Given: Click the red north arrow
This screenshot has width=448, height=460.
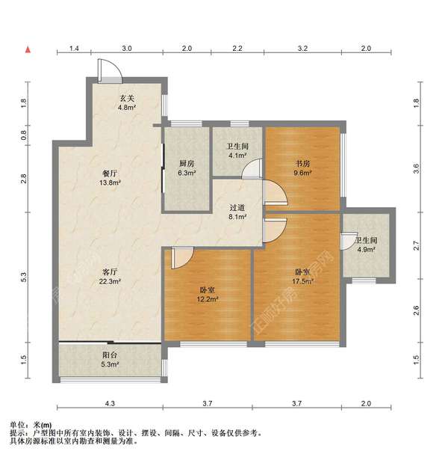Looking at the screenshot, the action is (28, 50).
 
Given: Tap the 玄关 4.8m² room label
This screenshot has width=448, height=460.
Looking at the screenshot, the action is (127, 102).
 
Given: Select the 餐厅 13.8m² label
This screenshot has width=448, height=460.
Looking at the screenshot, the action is (110, 178).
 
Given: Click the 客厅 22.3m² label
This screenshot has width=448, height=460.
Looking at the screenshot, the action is (110, 277).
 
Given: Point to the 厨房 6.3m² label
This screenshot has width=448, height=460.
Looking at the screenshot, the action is (187, 168).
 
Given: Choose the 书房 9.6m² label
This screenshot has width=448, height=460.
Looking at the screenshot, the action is (302, 168).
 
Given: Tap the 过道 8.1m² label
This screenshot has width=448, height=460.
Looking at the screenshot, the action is (237, 212).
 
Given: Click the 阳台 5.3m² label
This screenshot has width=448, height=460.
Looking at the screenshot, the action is (110, 360).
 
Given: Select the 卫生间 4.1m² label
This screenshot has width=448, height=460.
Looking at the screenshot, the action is (237, 150).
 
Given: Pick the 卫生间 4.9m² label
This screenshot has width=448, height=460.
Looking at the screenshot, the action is (366, 245).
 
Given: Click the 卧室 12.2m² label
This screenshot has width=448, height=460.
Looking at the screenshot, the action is (208, 295).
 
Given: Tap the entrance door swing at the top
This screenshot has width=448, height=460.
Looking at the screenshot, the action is (109, 70).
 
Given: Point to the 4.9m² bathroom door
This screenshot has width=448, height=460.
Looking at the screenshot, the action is (349, 241).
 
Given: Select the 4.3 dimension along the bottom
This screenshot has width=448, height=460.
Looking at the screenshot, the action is (110, 404).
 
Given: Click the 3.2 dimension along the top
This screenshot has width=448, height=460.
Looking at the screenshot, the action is (302, 49).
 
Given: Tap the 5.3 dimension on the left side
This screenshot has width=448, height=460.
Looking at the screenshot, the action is (24, 277).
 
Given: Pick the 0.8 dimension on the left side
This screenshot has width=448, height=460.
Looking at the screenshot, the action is (24, 135).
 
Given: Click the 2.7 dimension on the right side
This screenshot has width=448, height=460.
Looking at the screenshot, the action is (417, 245).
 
